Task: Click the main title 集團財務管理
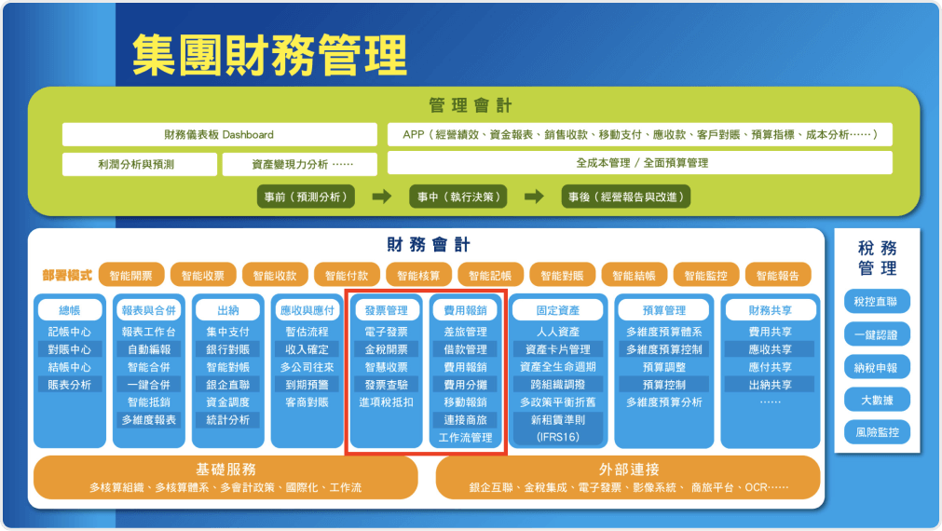[269, 55]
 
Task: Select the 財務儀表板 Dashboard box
[219, 134]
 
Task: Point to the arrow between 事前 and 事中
[381, 197]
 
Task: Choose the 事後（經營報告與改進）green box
[626, 197]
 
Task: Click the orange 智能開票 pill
[131, 275]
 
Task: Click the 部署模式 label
[67, 275]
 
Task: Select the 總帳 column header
[70, 310]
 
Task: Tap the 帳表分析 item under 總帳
[70, 385]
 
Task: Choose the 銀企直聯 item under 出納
[228, 385]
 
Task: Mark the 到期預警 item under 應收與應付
[307, 385]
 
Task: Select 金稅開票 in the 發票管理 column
[387, 349]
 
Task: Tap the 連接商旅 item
[465, 420]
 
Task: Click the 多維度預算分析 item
[664, 402]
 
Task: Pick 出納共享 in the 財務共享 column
[771, 385]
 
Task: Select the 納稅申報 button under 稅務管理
[876, 367]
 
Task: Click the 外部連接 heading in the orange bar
[629, 469]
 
